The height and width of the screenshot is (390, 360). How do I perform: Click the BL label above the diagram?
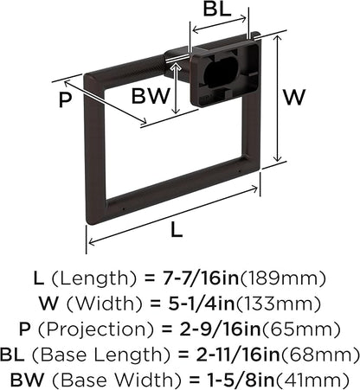pos(217,10)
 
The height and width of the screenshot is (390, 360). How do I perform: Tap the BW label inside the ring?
pos(151,96)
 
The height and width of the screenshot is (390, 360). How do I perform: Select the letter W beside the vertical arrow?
pos(294,97)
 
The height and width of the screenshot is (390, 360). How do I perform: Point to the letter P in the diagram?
pos(65,100)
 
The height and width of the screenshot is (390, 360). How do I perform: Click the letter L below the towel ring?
pos(177,230)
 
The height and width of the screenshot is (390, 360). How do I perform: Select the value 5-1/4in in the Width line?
pos(202,304)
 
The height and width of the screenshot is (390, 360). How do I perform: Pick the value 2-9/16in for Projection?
pos(220,329)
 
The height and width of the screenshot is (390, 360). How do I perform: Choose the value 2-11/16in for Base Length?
pos(238,355)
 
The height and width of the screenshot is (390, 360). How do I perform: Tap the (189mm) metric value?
pos(283,278)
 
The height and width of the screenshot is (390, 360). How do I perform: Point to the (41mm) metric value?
pos(312,380)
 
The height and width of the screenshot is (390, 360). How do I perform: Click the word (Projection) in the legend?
pos(96,329)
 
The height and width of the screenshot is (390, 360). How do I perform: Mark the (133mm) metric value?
pos(279,304)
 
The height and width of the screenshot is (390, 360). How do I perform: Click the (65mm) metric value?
pos(301,329)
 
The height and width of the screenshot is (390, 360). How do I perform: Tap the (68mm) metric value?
pos(320,355)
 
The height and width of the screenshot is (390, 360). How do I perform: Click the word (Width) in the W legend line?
pos(105,304)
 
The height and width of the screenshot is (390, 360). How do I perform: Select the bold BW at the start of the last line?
pos(28,380)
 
